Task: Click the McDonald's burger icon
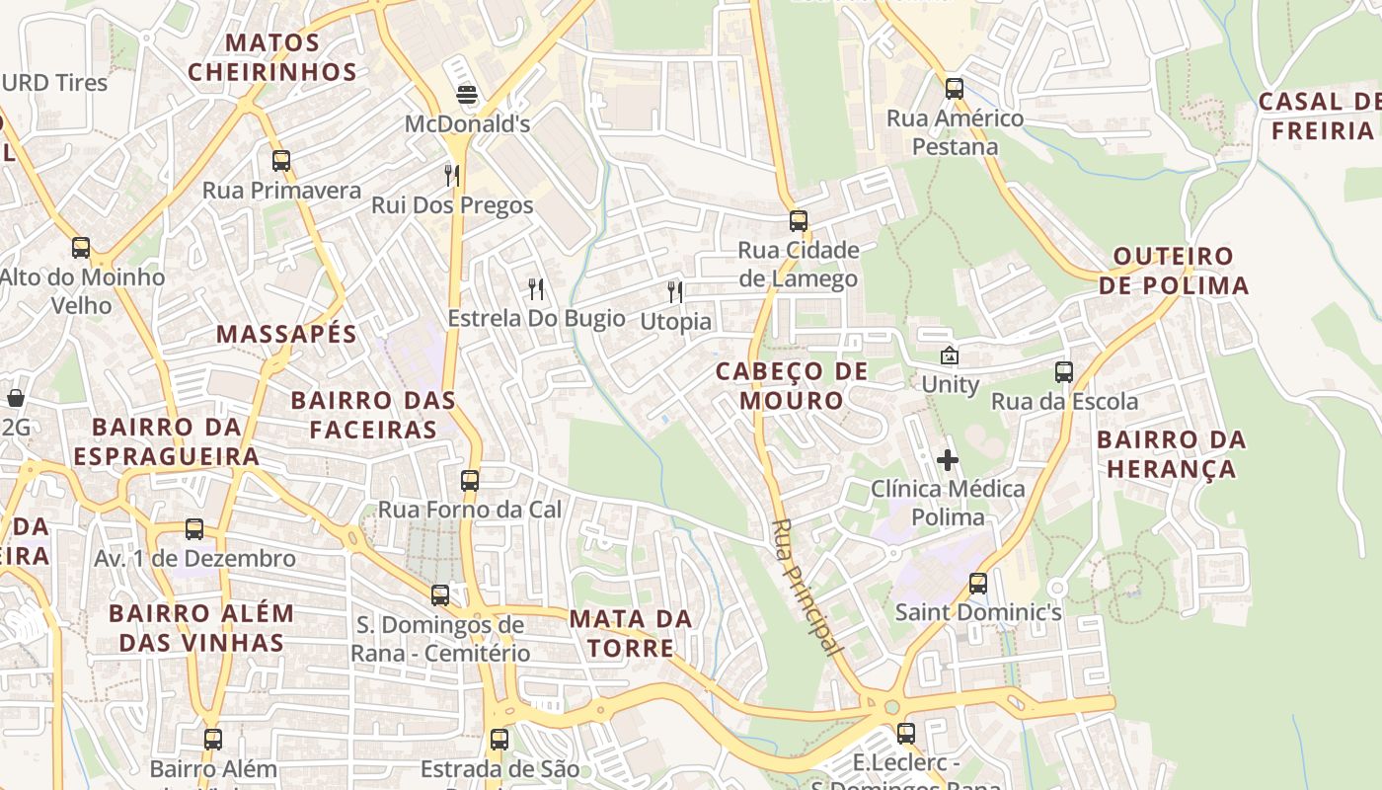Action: pyautogui.click(x=467, y=95)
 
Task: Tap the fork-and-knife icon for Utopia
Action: pyautogui.click(x=675, y=291)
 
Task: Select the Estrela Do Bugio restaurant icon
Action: pyautogui.click(x=536, y=288)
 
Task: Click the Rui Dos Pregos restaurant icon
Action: pyautogui.click(x=452, y=176)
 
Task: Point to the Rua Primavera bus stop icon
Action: pyautogui.click(x=281, y=160)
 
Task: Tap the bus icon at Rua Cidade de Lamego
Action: pyautogui.click(x=798, y=221)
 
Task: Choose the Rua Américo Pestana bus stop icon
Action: pyautogui.click(x=954, y=88)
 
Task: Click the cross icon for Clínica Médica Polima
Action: pyautogui.click(x=948, y=460)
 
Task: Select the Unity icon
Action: pyautogui.click(x=950, y=355)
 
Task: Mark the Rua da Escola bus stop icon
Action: pyautogui.click(x=1064, y=372)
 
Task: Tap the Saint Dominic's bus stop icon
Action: pyautogui.click(x=977, y=583)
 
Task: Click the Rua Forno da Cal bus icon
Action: pyautogui.click(x=470, y=481)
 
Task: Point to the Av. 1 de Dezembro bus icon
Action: pyautogui.click(x=194, y=529)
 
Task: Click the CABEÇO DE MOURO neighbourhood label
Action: pyautogui.click(x=792, y=386)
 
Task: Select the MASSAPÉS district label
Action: pyautogui.click(x=286, y=334)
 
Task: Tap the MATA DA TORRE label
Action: pyautogui.click(x=631, y=634)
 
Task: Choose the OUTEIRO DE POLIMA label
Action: pyautogui.click(x=1174, y=272)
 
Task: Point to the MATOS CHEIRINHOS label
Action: pyautogui.click(x=272, y=57)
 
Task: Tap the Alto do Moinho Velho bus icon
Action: pyautogui.click(x=81, y=248)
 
